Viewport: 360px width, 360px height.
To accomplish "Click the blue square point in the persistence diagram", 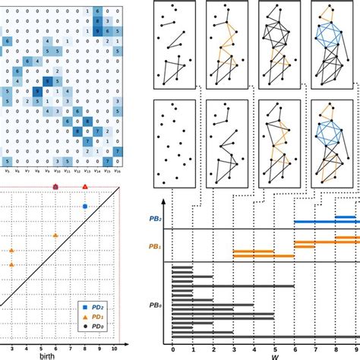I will pyautogui.click(x=84, y=206).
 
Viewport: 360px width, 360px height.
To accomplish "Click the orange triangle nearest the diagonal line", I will pyautogui.click(x=55, y=236).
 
